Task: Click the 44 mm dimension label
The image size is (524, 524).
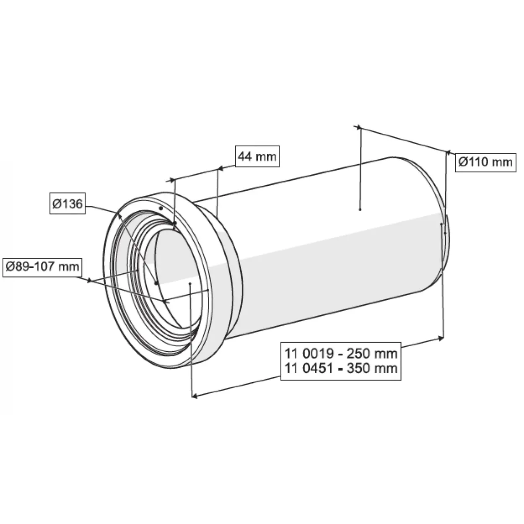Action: click(x=257, y=157)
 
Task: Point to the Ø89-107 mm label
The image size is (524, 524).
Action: click(x=42, y=266)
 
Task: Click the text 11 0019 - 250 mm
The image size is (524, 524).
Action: click(x=341, y=353)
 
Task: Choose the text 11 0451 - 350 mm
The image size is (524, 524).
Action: click(x=341, y=368)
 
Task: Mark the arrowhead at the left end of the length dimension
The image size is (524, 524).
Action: click(x=194, y=395)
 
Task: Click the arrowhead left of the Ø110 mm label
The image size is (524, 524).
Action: click(x=448, y=153)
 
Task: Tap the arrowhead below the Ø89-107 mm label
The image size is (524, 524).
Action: click(x=89, y=280)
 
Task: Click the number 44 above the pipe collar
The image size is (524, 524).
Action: click(x=246, y=157)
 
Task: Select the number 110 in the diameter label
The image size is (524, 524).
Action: click(x=477, y=162)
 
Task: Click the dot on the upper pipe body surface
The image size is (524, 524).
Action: click(x=361, y=209)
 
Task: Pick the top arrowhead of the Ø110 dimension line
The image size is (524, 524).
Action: click(x=358, y=127)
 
